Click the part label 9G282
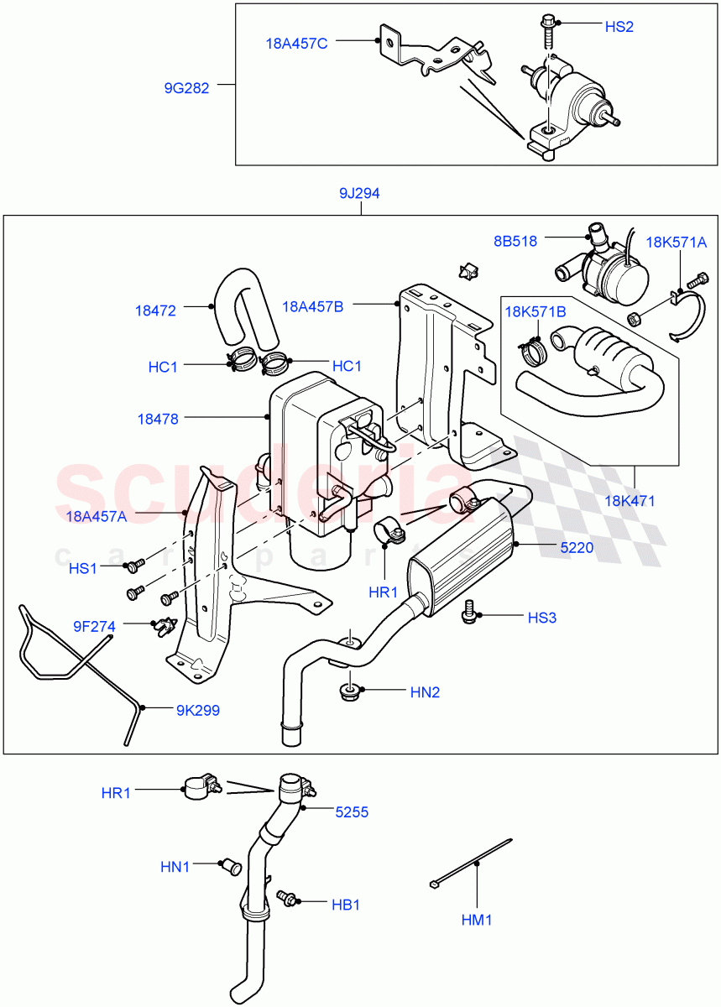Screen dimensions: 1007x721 [187, 86]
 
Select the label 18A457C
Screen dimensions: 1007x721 [296, 44]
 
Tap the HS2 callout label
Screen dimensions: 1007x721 [619, 27]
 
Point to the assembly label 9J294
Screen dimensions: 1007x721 [359, 194]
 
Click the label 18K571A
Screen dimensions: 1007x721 [677, 243]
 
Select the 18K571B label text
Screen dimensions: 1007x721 [535, 312]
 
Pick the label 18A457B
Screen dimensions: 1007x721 [313, 306]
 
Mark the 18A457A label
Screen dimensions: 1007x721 [96, 516]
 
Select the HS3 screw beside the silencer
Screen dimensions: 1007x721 [470, 613]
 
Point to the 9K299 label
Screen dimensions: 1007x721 [197, 710]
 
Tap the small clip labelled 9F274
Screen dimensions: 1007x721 [164, 625]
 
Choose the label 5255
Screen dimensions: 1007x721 [352, 812]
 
